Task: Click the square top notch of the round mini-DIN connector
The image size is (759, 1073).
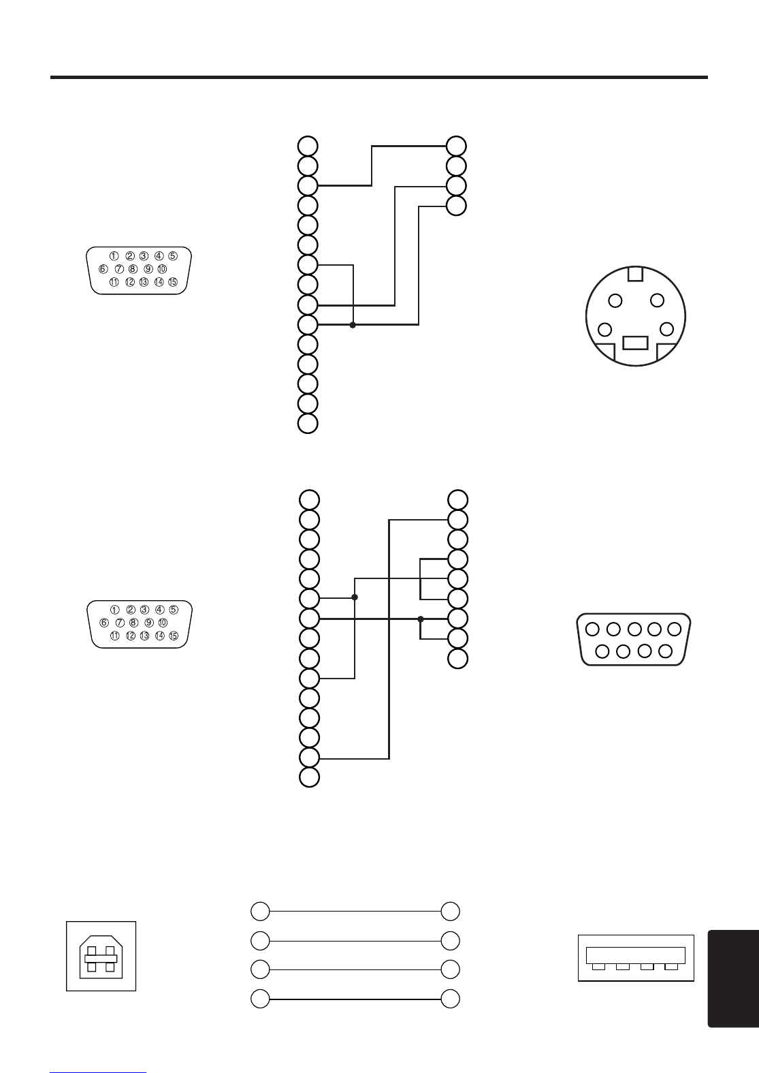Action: tap(635, 274)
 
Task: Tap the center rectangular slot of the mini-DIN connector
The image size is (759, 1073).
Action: tap(635, 342)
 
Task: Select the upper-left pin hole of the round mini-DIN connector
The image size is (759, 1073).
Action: tap(615, 300)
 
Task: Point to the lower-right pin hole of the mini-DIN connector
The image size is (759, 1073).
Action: tap(666, 330)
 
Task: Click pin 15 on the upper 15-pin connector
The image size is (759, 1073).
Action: tap(173, 282)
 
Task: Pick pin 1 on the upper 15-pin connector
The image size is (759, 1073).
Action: tap(114, 256)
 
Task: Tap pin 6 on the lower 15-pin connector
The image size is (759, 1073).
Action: tap(104, 623)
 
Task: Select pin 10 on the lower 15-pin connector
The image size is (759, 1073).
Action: tap(163, 623)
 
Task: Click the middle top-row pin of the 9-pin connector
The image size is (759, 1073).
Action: tap(634, 629)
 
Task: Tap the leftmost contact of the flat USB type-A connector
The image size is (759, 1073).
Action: tap(598, 967)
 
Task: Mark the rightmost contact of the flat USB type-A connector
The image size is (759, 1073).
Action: tap(671, 967)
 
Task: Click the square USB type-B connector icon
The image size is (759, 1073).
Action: tap(101, 956)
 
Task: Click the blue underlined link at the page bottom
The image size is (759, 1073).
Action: tap(98, 1071)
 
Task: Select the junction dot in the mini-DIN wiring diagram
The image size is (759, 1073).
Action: tap(353, 325)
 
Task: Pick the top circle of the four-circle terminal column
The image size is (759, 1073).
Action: tap(457, 146)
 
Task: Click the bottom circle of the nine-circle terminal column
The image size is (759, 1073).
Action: tap(458, 658)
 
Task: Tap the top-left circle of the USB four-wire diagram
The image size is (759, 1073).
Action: tap(260, 911)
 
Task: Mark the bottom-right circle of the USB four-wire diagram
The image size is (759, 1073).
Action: tap(450, 999)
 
